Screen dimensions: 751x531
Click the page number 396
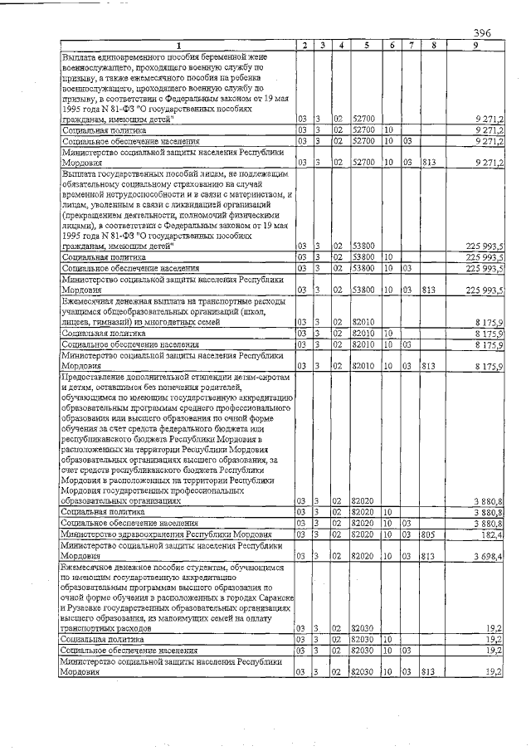point(482,32)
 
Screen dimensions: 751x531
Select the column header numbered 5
point(366,45)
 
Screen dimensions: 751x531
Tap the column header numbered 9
point(475,45)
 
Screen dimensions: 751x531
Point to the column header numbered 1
point(178,45)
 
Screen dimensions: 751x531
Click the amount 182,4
point(492,535)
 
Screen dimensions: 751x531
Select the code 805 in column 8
point(428,535)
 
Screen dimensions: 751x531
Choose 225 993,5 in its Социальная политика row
point(485,258)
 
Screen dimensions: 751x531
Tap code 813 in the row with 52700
point(428,162)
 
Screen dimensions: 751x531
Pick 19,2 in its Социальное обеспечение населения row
point(494,651)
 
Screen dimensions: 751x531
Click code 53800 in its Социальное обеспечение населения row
point(364,268)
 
